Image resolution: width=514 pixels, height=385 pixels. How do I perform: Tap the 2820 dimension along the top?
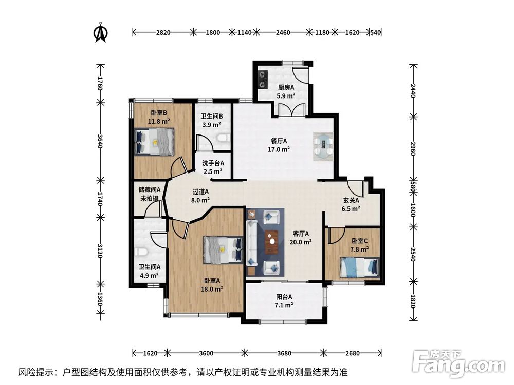(163, 32)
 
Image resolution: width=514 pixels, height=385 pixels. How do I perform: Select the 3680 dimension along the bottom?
(284, 353)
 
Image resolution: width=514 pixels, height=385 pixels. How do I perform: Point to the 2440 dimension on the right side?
(413, 91)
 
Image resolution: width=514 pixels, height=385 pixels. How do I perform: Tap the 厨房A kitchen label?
(286, 87)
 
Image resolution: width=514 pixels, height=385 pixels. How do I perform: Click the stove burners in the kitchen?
(262, 80)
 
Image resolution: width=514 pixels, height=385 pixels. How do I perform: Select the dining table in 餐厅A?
(323, 146)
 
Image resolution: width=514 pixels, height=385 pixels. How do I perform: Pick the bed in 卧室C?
(360, 267)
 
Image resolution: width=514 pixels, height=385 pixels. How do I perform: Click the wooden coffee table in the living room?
(271, 242)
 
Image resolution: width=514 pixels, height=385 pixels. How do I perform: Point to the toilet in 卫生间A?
(141, 252)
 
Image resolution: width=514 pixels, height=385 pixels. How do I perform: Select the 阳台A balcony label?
(284, 297)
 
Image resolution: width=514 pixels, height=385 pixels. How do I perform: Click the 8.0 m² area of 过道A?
(200, 200)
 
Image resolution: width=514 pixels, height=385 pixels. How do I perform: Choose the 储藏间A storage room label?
(150, 189)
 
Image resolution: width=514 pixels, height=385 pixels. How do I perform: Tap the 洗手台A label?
(213, 163)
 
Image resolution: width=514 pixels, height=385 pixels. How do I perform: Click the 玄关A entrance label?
(351, 200)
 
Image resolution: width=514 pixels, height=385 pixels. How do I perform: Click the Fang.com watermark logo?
(458, 363)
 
